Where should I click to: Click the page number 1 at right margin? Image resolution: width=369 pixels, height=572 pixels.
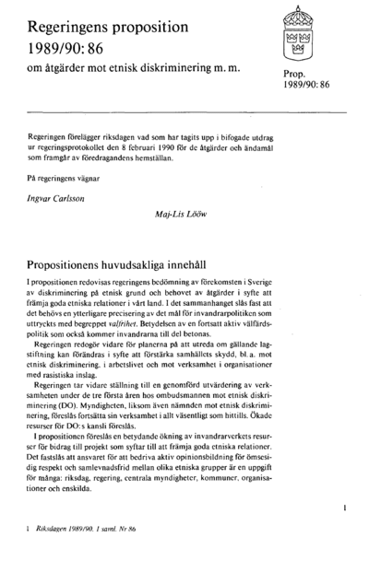point(343,507)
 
